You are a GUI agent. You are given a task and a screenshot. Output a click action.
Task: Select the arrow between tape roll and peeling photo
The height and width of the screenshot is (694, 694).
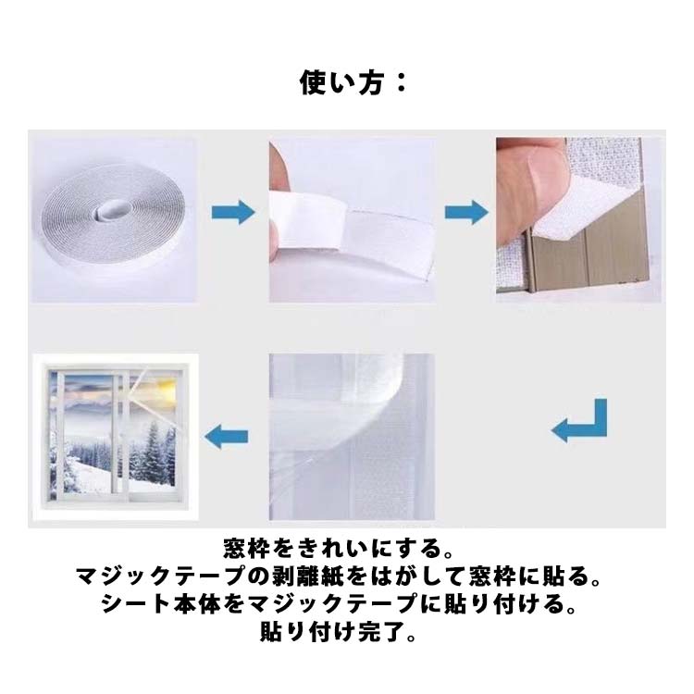pos(233,212)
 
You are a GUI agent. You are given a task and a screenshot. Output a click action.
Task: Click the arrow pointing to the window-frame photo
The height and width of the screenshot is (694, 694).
pos(466,212)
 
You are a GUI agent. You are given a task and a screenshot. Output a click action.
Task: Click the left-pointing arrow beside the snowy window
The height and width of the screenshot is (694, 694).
pos(226,437)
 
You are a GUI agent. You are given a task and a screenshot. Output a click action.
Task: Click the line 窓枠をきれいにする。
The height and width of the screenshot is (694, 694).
pos(339,549)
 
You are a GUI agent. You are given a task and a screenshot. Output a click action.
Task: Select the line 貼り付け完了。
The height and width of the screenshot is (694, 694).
pos(339,632)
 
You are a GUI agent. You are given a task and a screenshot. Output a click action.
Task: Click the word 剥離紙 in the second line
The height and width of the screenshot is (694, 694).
pos(306,576)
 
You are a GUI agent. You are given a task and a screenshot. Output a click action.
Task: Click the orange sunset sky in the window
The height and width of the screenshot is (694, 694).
pos(164,390)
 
